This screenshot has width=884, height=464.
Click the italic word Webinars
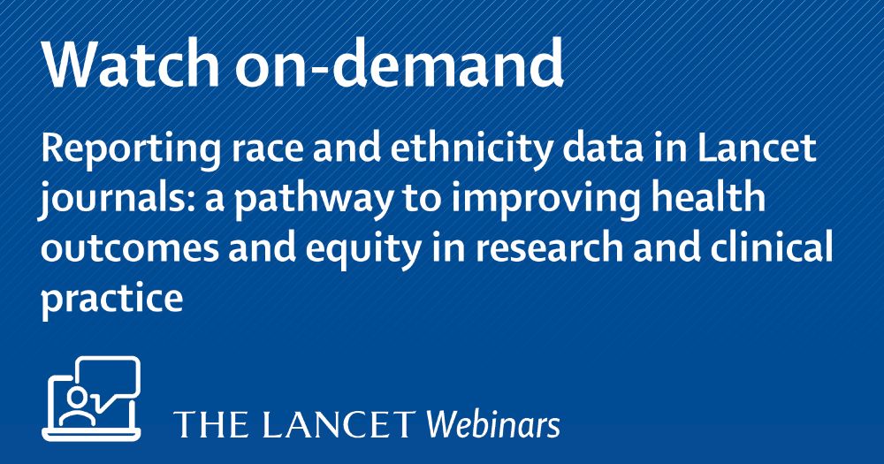click(493, 425)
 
